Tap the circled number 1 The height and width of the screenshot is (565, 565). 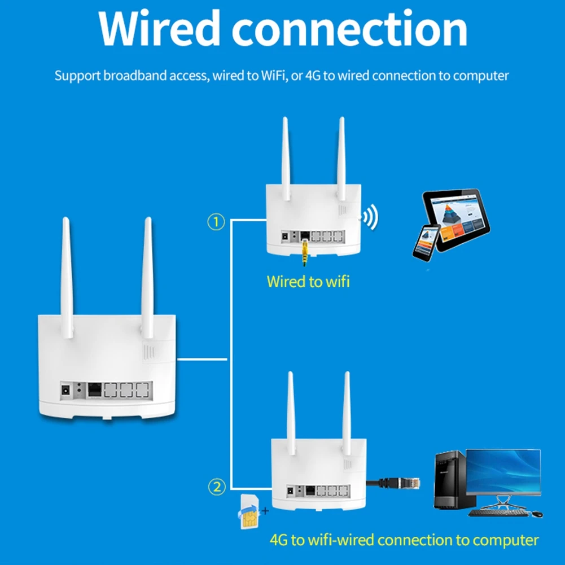pos(216,222)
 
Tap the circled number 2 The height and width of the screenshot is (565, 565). pos(217,485)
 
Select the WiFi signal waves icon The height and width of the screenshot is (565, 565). pos(370,217)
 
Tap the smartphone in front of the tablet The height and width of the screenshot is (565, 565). pos(427,242)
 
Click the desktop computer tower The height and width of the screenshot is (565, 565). pos(449,483)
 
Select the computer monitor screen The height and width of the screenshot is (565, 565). pos(503,471)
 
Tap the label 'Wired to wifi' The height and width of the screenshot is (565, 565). pos(308,281)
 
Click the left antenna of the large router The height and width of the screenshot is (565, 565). pos(67,277)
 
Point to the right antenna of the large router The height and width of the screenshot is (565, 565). pos(147,277)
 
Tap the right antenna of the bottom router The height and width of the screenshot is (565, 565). pos(347,412)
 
